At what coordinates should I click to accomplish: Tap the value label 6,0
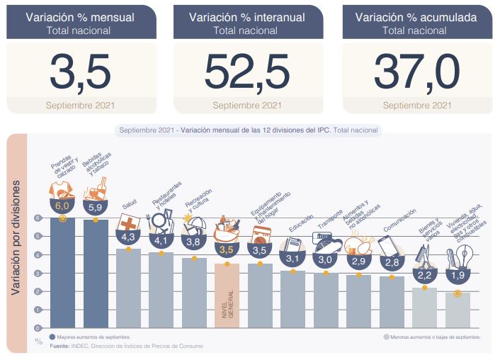point(63,206)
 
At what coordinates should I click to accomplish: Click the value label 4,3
point(128,237)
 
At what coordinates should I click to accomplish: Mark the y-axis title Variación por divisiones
point(16,237)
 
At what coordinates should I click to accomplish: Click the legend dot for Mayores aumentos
point(53,338)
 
